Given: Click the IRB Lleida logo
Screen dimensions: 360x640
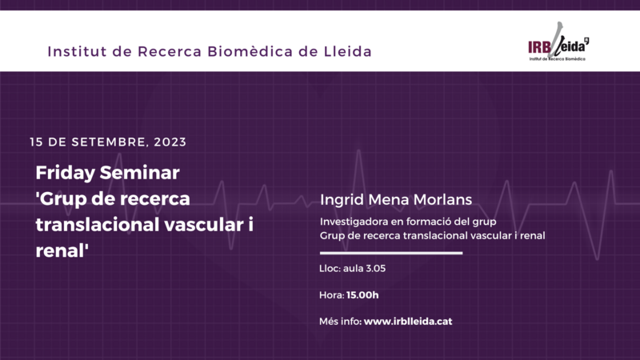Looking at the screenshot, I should click(558, 48).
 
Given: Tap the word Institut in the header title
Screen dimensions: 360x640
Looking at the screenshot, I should click(77, 52).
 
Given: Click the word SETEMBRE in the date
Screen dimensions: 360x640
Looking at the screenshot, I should click(109, 142).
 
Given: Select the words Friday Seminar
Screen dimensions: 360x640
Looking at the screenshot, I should click(107, 173).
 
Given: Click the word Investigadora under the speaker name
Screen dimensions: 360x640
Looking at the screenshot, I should click(357, 222).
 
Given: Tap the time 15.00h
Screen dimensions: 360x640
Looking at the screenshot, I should click(362, 295).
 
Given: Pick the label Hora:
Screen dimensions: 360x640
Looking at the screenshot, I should click(331, 295).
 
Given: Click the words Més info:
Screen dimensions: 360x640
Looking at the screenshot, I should click(340, 322).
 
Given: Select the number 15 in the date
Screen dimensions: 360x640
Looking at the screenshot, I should click(36, 142).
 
